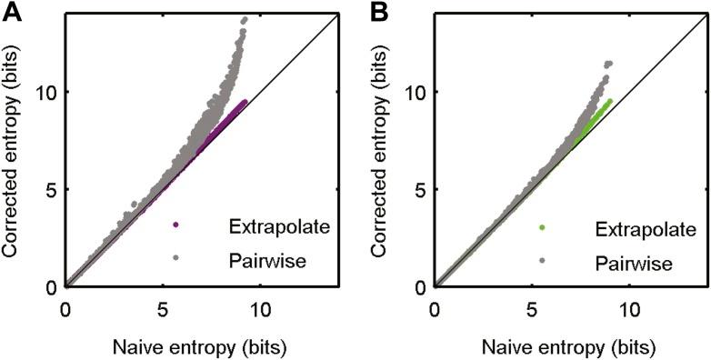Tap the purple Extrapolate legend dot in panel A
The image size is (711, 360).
(175, 225)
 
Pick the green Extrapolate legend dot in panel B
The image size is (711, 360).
(543, 226)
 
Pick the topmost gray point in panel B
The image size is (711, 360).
(608, 64)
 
